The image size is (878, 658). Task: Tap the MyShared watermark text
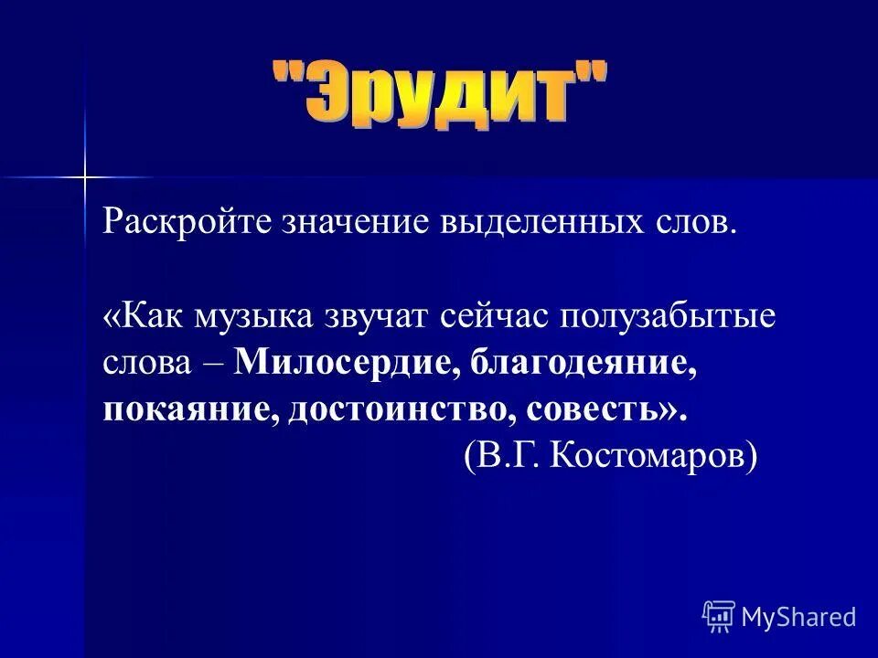[x=798, y=617]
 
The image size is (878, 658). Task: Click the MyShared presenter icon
[x=719, y=617]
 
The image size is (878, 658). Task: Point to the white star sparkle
[x=83, y=175]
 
